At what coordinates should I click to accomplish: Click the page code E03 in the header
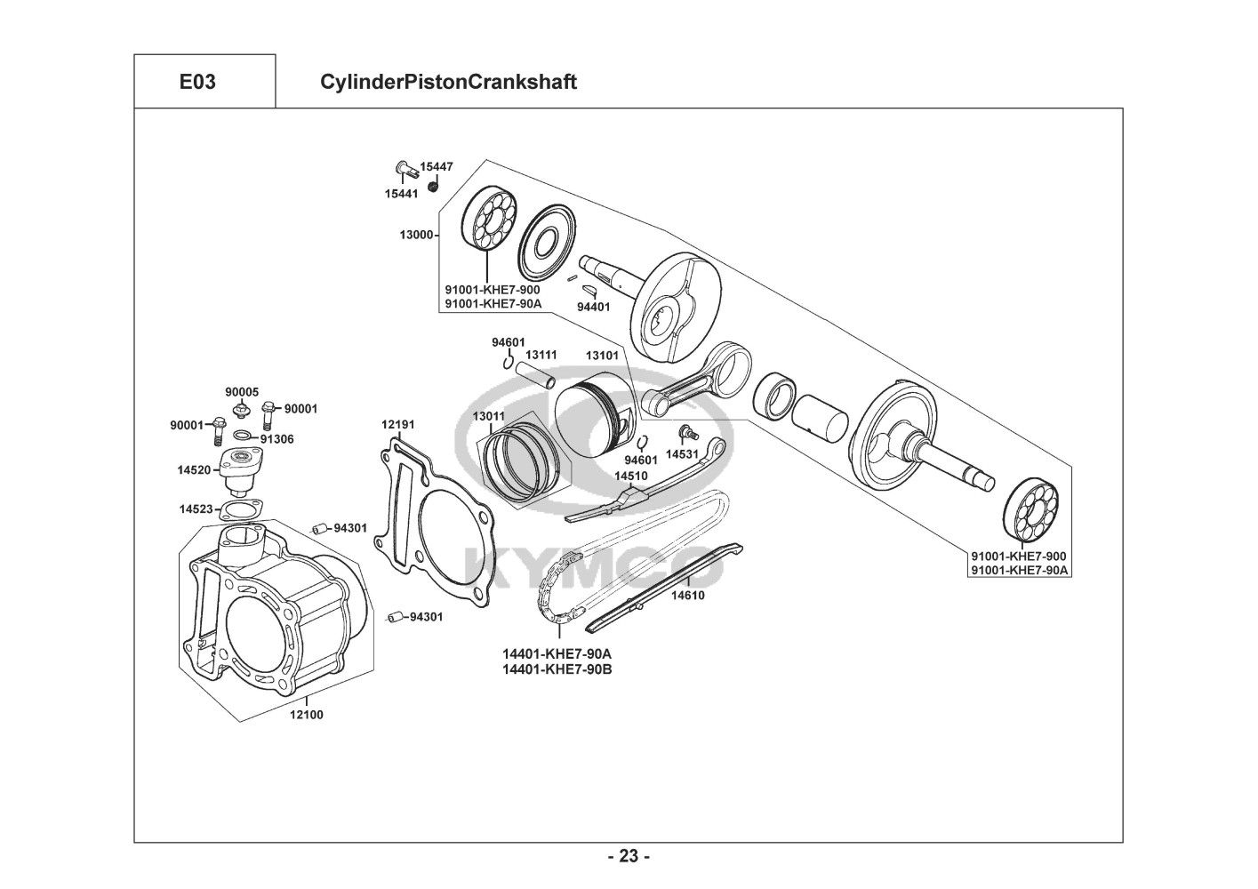coord(197,82)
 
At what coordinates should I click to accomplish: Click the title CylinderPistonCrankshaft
coord(448,82)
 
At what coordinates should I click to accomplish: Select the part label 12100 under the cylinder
coord(307,715)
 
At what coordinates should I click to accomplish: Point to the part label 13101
coord(602,356)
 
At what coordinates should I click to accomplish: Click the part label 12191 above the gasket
coord(397,425)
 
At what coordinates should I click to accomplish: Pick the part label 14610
coord(688,596)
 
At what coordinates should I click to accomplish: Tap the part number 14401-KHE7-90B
coord(557,669)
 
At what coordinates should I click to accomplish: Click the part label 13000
coord(416,235)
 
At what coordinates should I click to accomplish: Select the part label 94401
coord(594,308)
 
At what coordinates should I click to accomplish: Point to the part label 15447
coord(437,167)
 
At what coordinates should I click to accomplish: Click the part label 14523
coord(196,509)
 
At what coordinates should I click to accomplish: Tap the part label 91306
coord(276,439)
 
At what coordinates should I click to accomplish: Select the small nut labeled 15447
coord(432,186)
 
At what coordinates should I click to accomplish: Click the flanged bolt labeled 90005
coord(242,410)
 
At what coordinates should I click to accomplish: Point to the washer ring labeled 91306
coord(243,435)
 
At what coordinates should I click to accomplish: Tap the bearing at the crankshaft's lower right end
coord(1030,510)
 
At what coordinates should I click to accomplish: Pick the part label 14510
coord(630,476)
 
